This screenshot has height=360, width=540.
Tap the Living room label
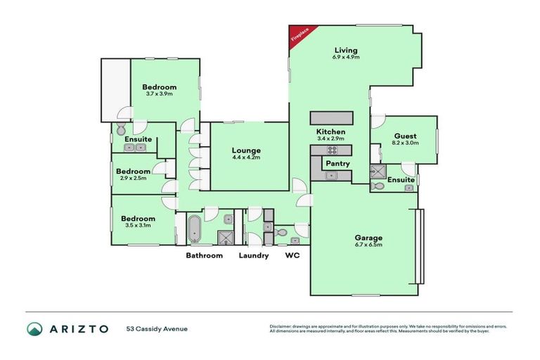pos(346,50)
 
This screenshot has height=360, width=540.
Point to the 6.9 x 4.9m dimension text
pos(346,57)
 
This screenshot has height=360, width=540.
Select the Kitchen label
pos(330,131)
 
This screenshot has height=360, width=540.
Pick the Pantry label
pos(337,164)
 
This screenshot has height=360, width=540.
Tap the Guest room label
pos(405,136)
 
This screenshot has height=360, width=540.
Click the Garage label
pos(368,238)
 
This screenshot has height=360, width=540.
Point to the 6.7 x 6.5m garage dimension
pos(368,245)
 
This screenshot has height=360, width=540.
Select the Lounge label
pos(247,150)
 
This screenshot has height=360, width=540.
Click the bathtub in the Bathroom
pos(193,229)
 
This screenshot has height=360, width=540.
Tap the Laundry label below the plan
pos(253,256)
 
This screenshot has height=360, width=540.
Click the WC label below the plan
pos(292,256)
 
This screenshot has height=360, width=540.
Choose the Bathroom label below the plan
pos(204,256)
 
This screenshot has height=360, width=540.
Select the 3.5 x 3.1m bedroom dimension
pos(139,225)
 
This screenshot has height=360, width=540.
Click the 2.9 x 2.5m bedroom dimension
pos(133,179)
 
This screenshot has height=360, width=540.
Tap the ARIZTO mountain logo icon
pos(34,328)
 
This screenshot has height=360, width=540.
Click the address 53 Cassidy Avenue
pos(157,328)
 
